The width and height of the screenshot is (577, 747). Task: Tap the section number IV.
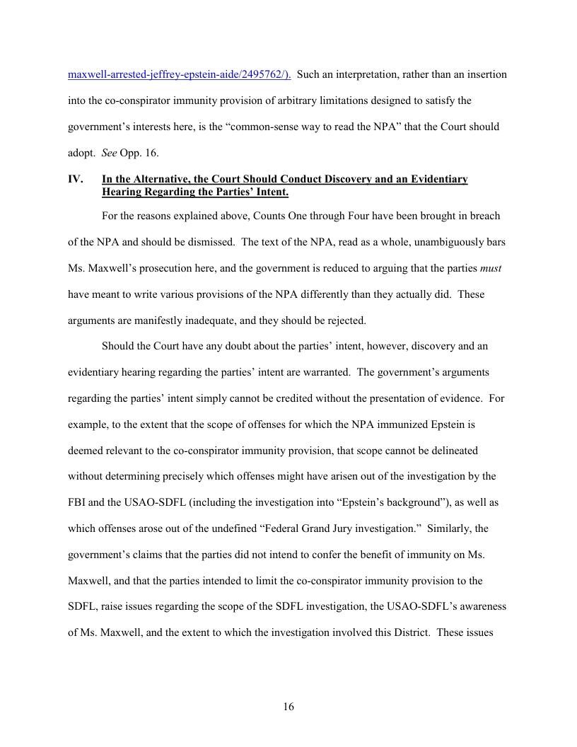point(76,179)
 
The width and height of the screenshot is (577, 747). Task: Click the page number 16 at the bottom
point(288,707)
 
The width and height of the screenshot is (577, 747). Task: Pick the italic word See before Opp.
point(110,154)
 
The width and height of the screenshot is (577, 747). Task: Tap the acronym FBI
point(78,502)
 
